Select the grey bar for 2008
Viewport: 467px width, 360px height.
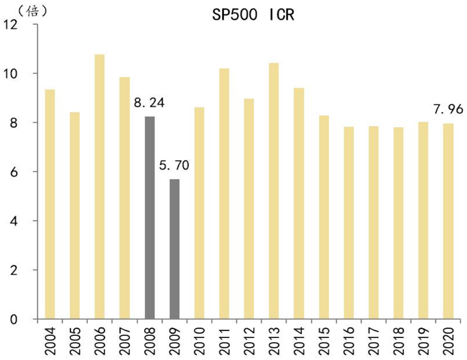tap(149, 218)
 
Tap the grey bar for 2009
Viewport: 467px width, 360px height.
tap(174, 249)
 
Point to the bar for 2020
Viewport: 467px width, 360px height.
tap(447, 221)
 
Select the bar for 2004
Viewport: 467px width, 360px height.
tap(50, 204)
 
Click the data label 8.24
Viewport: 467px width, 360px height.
tap(149, 103)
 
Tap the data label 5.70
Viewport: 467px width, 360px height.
tap(174, 166)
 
